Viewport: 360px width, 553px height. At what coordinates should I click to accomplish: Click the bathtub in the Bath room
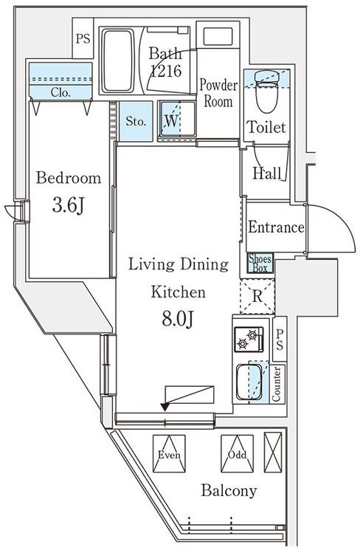coord(118,60)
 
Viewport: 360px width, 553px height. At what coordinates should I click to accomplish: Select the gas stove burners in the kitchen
coord(249,340)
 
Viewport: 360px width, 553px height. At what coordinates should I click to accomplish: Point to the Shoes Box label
coord(260,263)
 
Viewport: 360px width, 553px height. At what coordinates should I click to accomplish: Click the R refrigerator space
coord(257,297)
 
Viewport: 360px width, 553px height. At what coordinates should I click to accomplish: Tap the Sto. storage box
coord(136,121)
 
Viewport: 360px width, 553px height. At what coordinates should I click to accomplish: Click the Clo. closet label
coord(60,92)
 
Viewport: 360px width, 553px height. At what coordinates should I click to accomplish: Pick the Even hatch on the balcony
coord(169,453)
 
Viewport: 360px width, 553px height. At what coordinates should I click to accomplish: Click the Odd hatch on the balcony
coord(237,453)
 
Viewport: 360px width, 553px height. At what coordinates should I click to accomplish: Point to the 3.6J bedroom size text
coord(69,205)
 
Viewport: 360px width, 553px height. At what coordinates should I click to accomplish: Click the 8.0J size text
coord(178,318)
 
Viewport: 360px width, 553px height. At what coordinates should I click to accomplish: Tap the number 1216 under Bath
coord(166,71)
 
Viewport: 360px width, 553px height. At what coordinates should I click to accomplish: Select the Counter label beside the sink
coord(277,384)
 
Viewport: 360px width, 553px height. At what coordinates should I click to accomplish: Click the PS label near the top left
coord(83,38)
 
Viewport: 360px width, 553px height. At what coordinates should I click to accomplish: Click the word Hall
coord(267,174)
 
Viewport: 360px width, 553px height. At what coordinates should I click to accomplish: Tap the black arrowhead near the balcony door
coord(165,407)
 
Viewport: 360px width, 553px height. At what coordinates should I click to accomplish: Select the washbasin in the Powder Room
coord(218,36)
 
